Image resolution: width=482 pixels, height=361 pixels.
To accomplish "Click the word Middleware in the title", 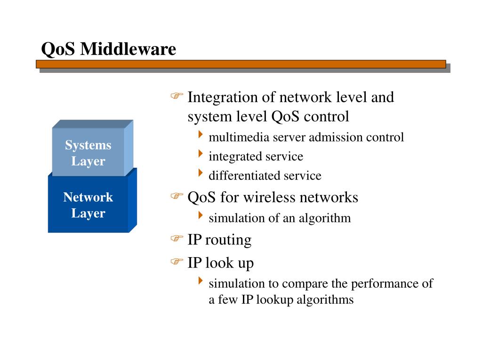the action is tap(129, 49).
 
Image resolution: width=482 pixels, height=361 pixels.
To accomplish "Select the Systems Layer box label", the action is tap(88, 153).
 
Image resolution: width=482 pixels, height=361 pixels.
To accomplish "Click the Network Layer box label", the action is tap(88, 205).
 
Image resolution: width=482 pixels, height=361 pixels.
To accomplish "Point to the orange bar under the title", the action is tap(241, 64).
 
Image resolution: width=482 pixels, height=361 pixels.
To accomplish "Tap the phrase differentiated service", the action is tap(265, 176).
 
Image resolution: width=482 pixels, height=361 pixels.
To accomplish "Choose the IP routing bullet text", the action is tap(219, 240).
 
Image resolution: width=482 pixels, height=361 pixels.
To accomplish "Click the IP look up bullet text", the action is tap(220, 263).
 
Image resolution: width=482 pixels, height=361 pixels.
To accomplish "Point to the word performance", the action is tap(385, 284).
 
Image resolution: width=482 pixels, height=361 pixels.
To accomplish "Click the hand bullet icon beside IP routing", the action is tap(176, 239).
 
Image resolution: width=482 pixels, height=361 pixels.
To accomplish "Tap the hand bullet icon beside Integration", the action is tap(176, 96).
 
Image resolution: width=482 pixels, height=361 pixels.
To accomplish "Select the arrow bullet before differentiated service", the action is tap(201, 174).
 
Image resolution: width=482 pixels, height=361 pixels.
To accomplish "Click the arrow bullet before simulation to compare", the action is tap(201, 282).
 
